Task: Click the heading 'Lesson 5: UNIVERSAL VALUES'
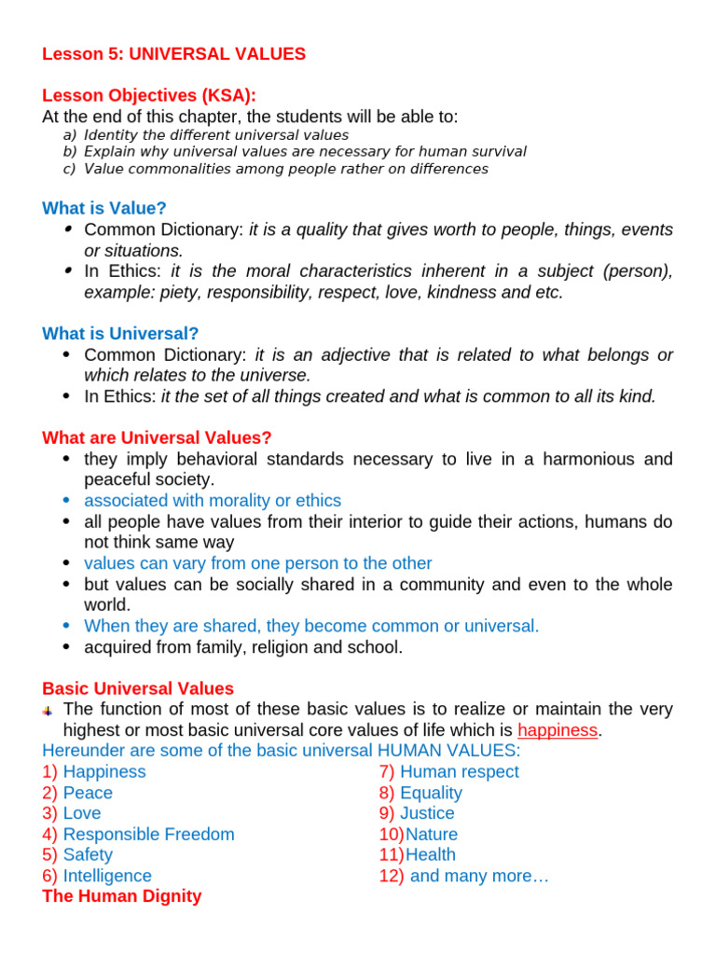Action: (x=173, y=54)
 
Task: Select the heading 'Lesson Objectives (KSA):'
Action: (x=149, y=96)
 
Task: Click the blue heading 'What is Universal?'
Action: (x=120, y=333)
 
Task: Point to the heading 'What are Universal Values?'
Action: (x=157, y=437)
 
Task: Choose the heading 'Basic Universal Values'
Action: (x=138, y=688)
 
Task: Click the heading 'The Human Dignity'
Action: (x=121, y=896)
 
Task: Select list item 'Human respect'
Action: (x=460, y=771)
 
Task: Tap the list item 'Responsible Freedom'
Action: (x=148, y=834)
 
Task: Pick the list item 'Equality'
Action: (x=431, y=793)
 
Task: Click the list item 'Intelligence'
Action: (x=107, y=876)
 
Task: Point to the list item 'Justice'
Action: (x=427, y=813)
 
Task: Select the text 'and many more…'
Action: (x=479, y=876)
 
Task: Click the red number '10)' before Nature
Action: (x=391, y=834)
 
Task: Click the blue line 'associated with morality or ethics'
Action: (x=213, y=501)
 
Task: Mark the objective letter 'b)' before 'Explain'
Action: (x=69, y=151)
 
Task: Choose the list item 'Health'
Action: (x=431, y=854)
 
